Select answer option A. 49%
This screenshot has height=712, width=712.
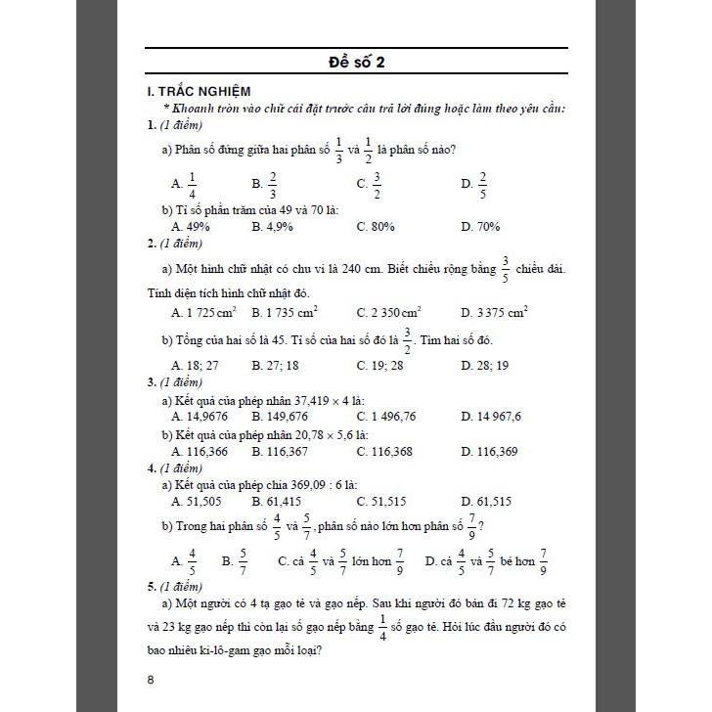click(x=191, y=227)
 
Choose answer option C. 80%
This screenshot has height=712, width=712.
click(x=376, y=227)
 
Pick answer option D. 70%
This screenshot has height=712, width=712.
click(x=480, y=227)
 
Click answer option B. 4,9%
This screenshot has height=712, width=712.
click(x=276, y=227)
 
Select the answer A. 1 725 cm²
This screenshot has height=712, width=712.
click(x=203, y=313)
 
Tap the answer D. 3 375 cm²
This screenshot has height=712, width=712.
click(x=494, y=313)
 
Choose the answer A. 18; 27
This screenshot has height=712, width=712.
click(x=193, y=366)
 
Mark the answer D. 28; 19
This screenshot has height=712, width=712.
click(x=484, y=366)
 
